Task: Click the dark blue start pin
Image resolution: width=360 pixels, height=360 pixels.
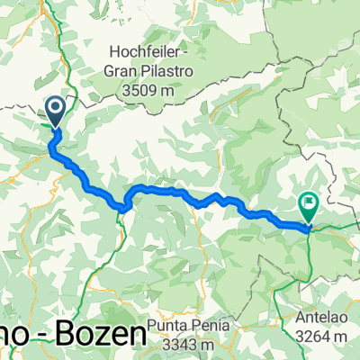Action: pyautogui.click(x=55, y=112)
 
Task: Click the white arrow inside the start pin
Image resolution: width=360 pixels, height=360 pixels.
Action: pyautogui.click(x=55, y=111)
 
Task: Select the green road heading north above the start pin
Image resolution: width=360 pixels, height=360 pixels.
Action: pyautogui.click(x=65, y=63)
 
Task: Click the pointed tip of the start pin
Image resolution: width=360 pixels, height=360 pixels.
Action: pyautogui.click(x=55, y=130)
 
